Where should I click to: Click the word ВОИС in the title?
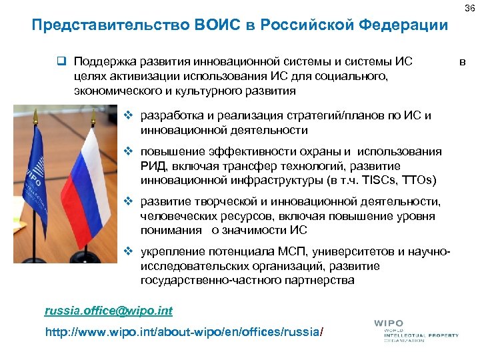pos(221,26)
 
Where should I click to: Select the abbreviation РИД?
pos(153,166)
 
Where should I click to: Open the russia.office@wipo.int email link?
pos(108,310)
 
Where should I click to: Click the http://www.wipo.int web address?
pos(183,331)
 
